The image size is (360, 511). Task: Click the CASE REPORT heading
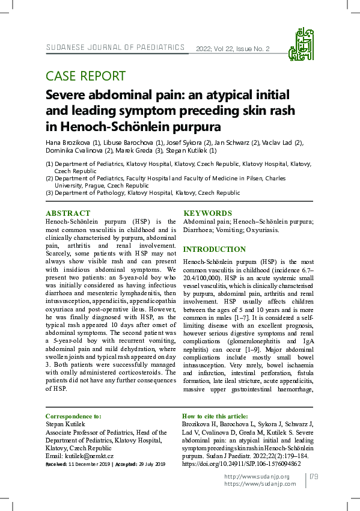85,76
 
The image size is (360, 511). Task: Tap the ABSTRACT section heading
68,213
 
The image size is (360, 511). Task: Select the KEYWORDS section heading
207,213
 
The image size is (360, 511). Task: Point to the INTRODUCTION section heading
214,249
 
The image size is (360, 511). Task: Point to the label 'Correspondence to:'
73,416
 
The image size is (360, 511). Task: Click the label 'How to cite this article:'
215,416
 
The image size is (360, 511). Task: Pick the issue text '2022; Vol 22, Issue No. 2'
233,49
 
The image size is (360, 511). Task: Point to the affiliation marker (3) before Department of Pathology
50,193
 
